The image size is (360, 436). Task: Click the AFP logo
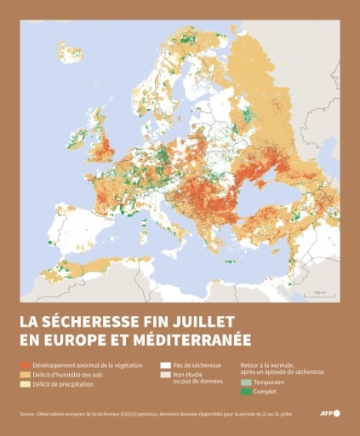pos(329,413)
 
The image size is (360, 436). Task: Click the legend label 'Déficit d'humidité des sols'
pos(67,373)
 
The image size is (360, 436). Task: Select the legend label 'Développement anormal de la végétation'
pos(82,364)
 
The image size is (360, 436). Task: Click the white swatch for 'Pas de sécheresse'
pos(165,364)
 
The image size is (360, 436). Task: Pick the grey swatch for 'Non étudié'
pos(165,374)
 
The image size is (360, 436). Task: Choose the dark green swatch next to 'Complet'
pos(247,393)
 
